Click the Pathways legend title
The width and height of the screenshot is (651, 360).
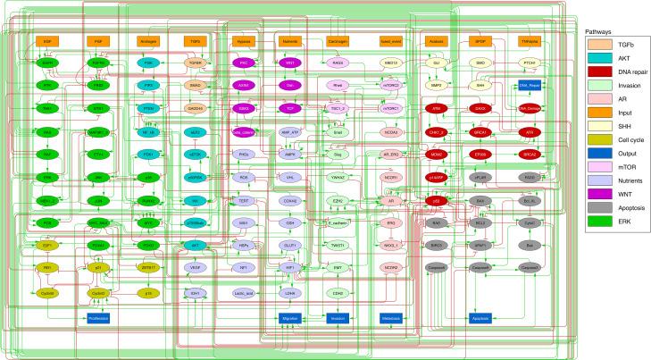pyautogui.click(x=598, y=31)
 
